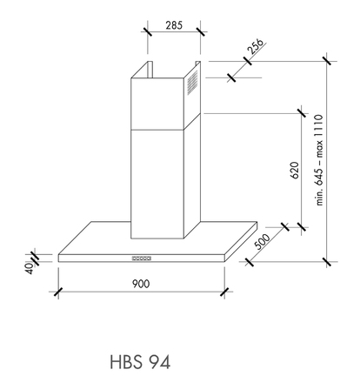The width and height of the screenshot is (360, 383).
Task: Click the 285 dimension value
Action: tap(172, 26)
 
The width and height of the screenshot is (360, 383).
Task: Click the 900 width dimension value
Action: tap(142, 284)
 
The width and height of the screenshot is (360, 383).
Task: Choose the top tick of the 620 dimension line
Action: tap(301, 111)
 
